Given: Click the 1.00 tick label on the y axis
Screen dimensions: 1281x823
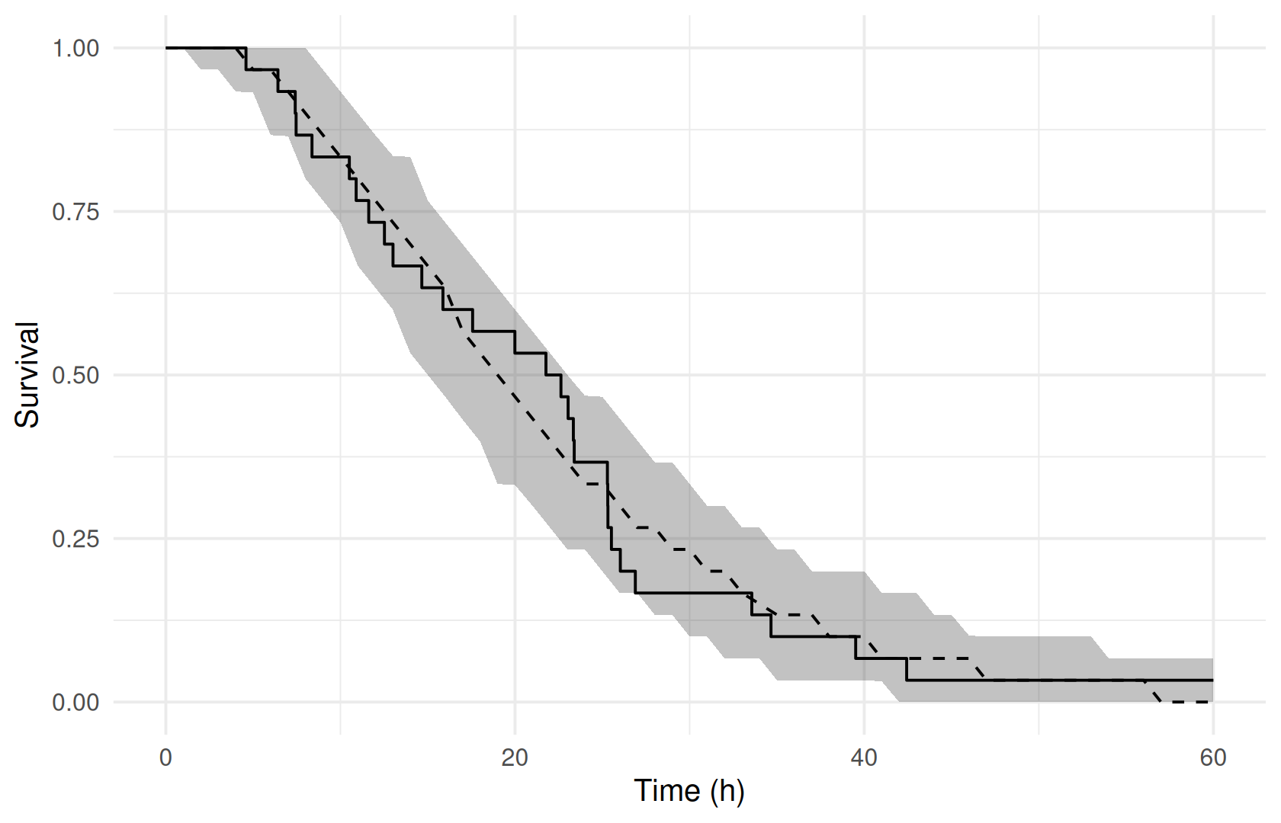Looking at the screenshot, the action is click(x=76, y=49).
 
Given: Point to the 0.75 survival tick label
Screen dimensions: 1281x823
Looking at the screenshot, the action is click(x=76, y=212).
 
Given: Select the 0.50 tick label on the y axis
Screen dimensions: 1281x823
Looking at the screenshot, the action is click(x=76, y=376).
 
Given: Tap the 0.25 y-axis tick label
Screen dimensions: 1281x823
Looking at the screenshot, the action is click(x=76, y=539).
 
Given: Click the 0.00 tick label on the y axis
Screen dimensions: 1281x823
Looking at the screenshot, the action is click(x=76, y=703).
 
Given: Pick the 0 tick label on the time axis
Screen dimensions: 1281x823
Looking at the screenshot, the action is click(x=166, y=757).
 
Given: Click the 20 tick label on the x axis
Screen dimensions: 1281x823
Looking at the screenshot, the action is click(x=515, y=757).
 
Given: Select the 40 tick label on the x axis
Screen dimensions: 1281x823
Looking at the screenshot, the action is click(x=864, y=757).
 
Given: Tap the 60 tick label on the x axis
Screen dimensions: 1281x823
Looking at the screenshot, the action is click(x=1213, y=757).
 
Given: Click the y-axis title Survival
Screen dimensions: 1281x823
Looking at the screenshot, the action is click(x=27, y=374).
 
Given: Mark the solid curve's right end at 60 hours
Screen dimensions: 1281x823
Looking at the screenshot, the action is click(x=1213, y=680).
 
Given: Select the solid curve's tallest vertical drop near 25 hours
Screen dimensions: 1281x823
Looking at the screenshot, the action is click(x=607, y=495).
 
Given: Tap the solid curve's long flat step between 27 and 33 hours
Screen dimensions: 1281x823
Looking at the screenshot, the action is click(x=693, y=593).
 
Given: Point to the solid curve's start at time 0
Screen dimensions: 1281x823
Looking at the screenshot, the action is click(x=166, y=48).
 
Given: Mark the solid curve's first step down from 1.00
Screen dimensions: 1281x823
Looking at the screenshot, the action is click(x=246, y=59).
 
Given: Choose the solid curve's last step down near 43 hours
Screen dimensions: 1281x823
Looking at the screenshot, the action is click(x=907, y=669).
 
